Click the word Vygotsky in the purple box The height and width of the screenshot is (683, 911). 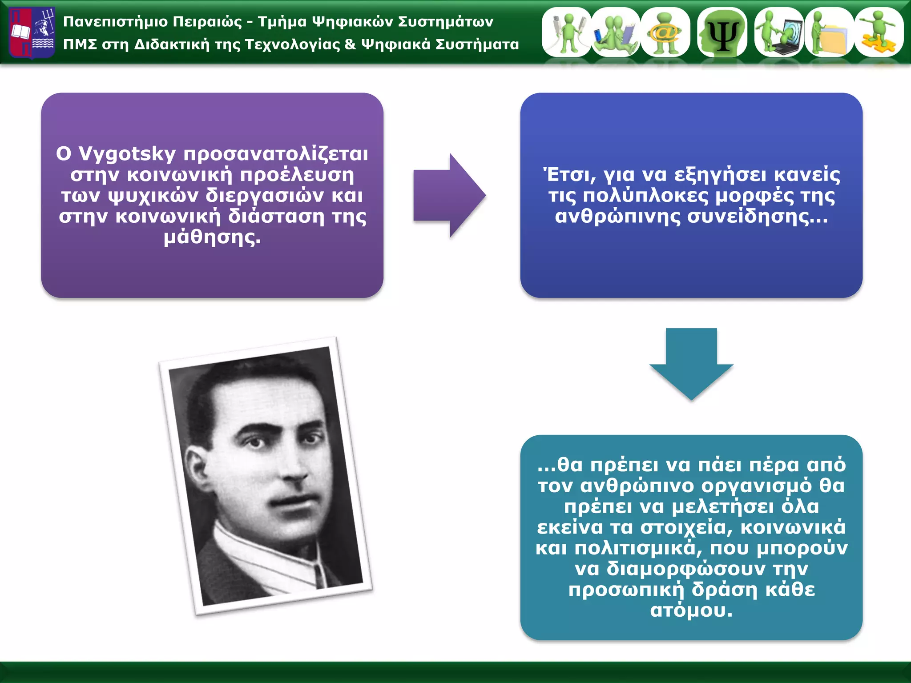tap(127, 154)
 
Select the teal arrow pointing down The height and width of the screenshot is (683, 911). tap(691, 362)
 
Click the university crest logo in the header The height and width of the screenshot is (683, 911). tap(32, 33)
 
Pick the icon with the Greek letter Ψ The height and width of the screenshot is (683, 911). tap(722, 32)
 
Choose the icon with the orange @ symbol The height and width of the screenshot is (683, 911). tap(665, 32)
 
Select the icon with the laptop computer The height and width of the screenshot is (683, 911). tap(779, 32)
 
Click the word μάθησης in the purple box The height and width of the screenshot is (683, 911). tap(212, 237)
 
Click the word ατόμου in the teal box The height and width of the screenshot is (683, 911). tap(691, 611)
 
